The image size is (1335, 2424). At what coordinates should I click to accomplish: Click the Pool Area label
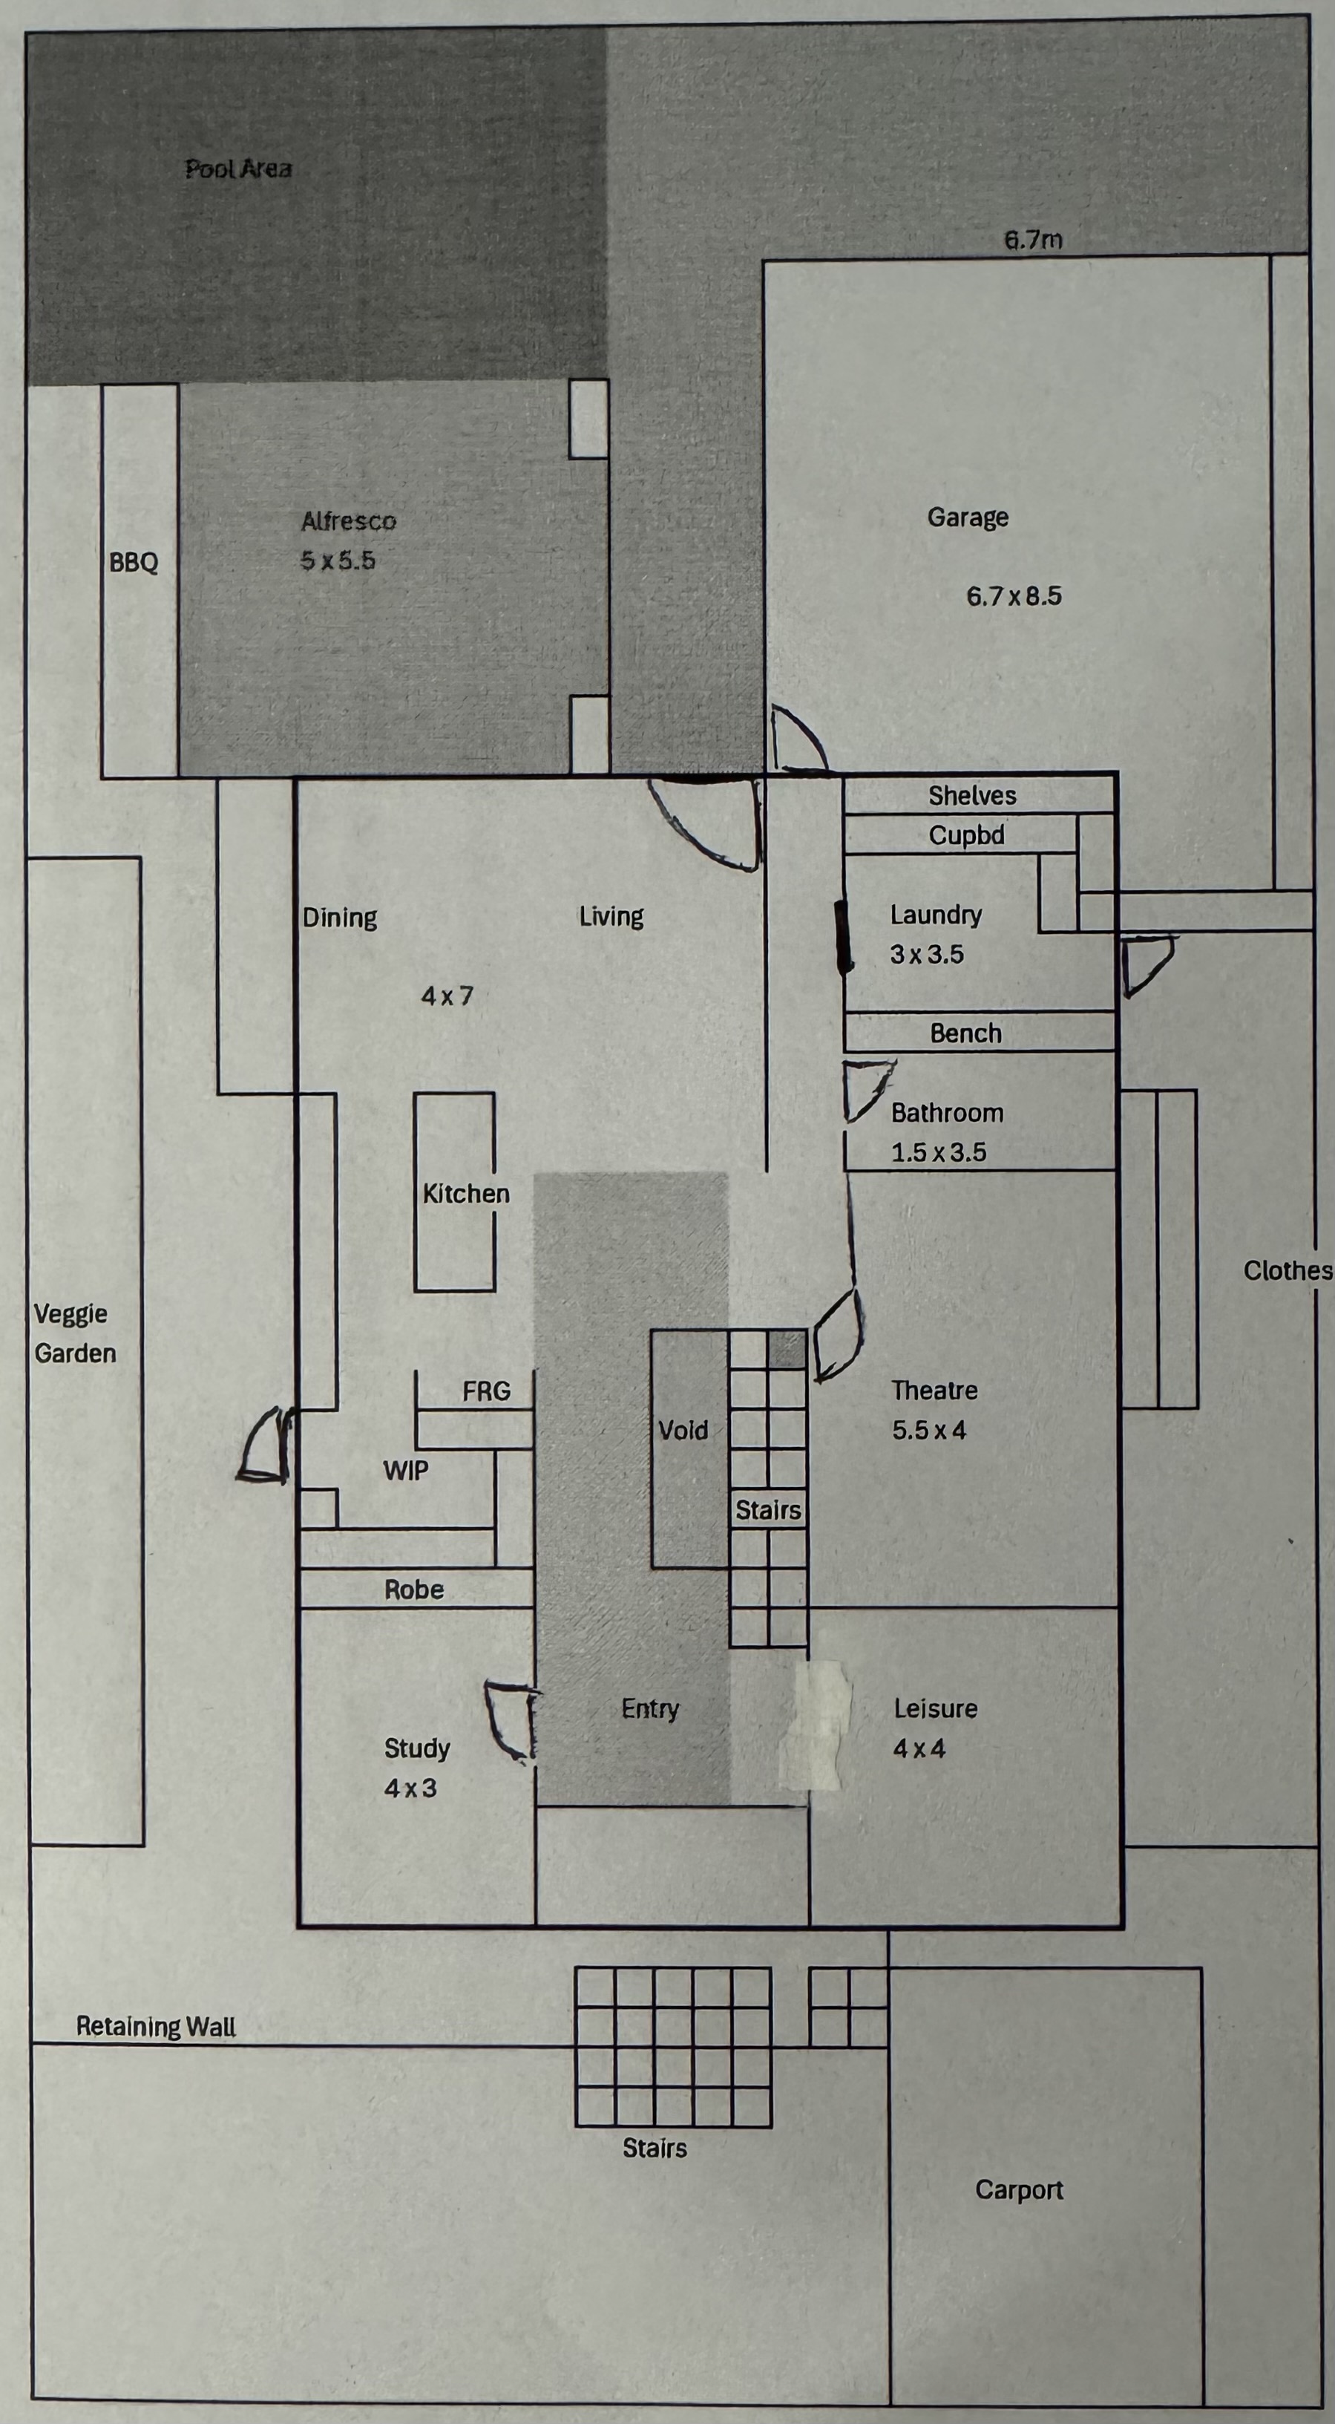[238, 169]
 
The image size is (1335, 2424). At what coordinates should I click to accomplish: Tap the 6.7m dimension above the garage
[1033, 240]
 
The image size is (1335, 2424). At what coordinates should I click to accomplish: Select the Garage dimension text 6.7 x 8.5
[1014, 595]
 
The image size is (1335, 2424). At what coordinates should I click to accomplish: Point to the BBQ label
[134, 562]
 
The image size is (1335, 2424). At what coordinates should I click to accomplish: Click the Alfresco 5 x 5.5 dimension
[338, 560]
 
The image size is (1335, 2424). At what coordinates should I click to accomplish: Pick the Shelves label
[973, 795]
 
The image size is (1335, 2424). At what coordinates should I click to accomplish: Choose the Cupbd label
[967, 834]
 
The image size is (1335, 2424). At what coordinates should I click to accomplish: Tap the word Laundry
[936, 915]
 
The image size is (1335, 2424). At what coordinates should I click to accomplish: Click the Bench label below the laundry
[966, 1033]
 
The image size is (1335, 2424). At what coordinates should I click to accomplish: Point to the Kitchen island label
[467, 1193]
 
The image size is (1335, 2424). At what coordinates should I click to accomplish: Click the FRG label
[486, 1391]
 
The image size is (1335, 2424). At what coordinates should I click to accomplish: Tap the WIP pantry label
[405, 1470]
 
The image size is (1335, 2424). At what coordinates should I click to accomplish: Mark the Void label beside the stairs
[683, 1431]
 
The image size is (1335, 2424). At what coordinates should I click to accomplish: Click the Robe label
[414, 1590]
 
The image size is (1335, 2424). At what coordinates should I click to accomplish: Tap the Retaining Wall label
[156, 2026]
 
